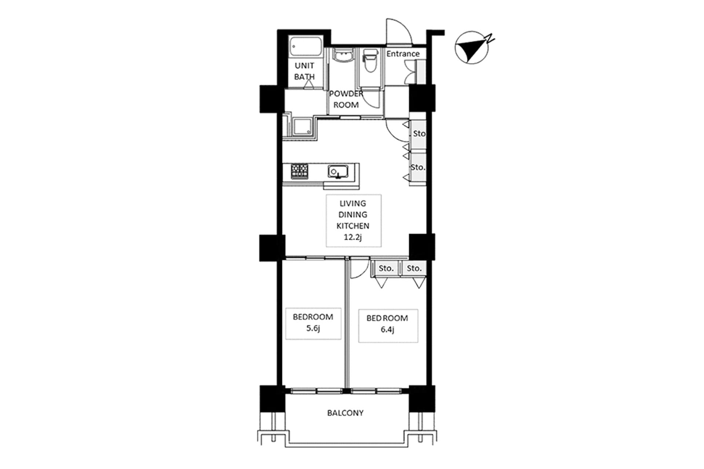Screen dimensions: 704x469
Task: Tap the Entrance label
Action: pyautogui.click(x=403, y=54)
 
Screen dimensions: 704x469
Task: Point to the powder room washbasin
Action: pyautogui.click(x=343, y=56)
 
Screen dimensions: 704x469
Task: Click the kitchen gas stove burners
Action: pyautogui.click(x=300, y=171)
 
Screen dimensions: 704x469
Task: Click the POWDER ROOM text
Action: pyautogui.click(x=346, y=99)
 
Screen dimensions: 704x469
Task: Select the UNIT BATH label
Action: pyautogui.click(x=304, y=71)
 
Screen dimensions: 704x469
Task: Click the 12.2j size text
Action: pyautogui.click(x=353, y=237)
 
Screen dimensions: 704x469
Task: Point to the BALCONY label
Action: pyautogui.click(x=345, y=413)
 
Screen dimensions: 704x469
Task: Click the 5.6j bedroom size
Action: pyautogui.click(x=313, y=328)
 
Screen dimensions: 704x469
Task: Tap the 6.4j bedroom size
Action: pyautogui.click(x=387, y=329)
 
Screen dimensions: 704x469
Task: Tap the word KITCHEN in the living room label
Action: pyautogui.click(x=353, y=226)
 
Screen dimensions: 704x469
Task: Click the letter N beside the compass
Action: pyautogui.click(x=489, y=38)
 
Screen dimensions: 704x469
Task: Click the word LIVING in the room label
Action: pyautogui.click(x=353, y=203)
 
